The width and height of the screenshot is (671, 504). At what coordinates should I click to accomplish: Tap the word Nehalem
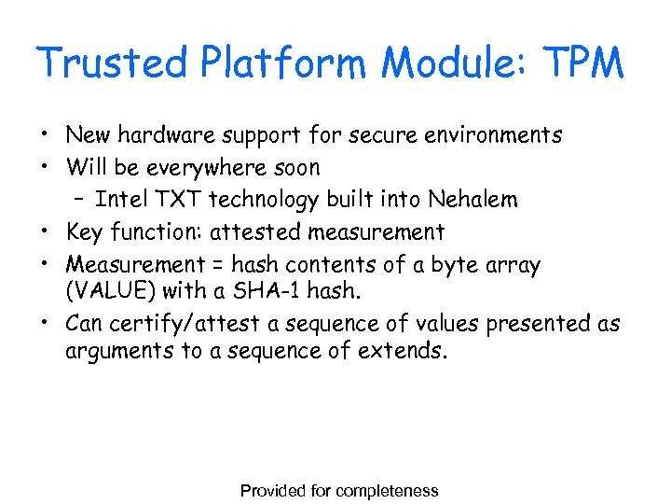coord(472,200)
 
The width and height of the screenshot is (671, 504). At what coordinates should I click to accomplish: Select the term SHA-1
coord(271,290)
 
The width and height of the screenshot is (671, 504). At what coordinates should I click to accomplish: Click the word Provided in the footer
coord(272,491)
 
